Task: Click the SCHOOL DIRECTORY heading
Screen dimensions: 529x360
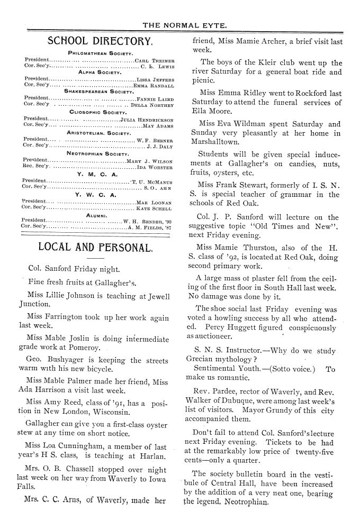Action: tap(100, 41)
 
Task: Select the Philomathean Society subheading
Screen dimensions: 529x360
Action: tap(96, 53)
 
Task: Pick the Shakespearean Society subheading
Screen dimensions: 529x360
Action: tap(96, 90)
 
